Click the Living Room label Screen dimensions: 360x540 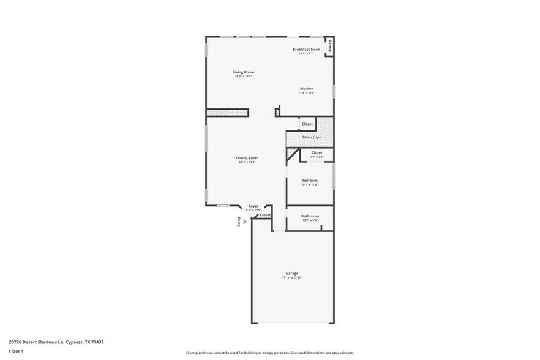coord(244,72)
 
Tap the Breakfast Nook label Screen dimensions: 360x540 coord(306,49)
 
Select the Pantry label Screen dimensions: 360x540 coord(330,45)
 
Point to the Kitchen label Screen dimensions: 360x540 coord(306,89)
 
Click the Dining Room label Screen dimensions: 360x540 coord(247,158)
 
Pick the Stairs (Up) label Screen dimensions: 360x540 coord(311,137)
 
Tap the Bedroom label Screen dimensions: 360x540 coord(309,180)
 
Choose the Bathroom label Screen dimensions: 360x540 coord(310,216)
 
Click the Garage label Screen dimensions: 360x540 coord(292,273)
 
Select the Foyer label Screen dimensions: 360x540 coord(253,206)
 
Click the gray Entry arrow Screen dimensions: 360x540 coord(245,222)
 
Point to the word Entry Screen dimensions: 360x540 coord(239,222)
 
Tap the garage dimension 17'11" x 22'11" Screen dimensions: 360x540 coord(292,277)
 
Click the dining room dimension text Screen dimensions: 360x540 coord(247,162)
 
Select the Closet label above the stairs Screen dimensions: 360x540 coord(307,124)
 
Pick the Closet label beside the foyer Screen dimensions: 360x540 coord(265,215)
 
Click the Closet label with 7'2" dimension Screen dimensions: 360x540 coord(317,153)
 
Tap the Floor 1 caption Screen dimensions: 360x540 coord(16,351)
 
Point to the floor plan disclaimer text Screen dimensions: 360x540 coord(269,353)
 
